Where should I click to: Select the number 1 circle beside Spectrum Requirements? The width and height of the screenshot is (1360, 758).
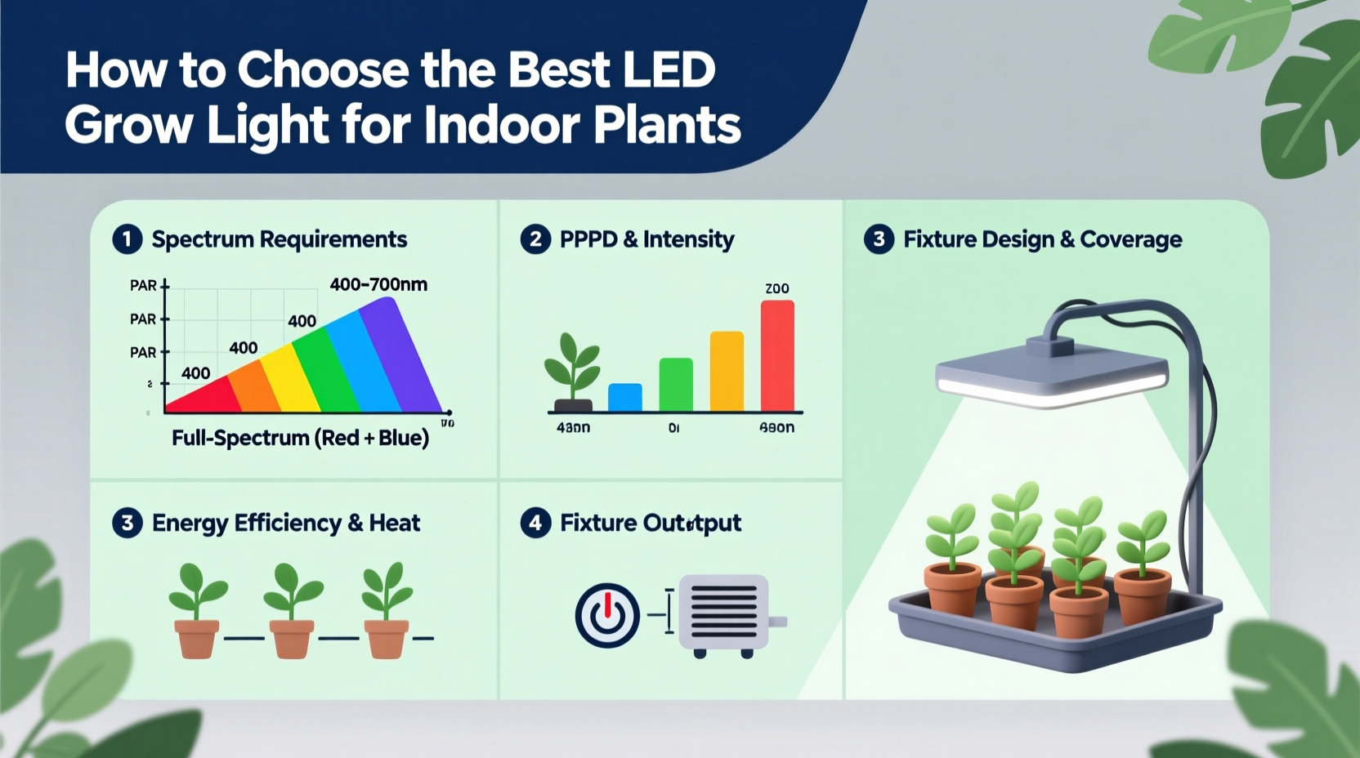(x=127, y=239)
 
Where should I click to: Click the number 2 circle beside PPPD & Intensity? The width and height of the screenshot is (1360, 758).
(x=535, y=239)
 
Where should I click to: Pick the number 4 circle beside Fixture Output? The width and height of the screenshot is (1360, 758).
(x=535, y=523)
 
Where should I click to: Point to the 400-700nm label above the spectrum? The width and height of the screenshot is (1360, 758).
(x=378, y=284)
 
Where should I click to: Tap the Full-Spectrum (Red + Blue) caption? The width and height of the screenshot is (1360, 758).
(x=300, y=439)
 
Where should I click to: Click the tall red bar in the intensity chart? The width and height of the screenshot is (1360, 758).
(x=777, y=355)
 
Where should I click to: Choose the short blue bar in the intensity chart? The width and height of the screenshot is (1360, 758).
(x=625, y=397)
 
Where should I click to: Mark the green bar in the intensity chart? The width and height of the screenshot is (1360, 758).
(x=676, y=384)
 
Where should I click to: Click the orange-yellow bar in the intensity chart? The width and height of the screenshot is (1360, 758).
(x=727, y=371)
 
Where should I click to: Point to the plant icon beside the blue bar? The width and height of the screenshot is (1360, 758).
(x=572, y=372)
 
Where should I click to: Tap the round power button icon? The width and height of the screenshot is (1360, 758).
(x=607, y=615)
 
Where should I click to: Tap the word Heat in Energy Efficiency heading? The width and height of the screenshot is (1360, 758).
(x=395, y=523)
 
